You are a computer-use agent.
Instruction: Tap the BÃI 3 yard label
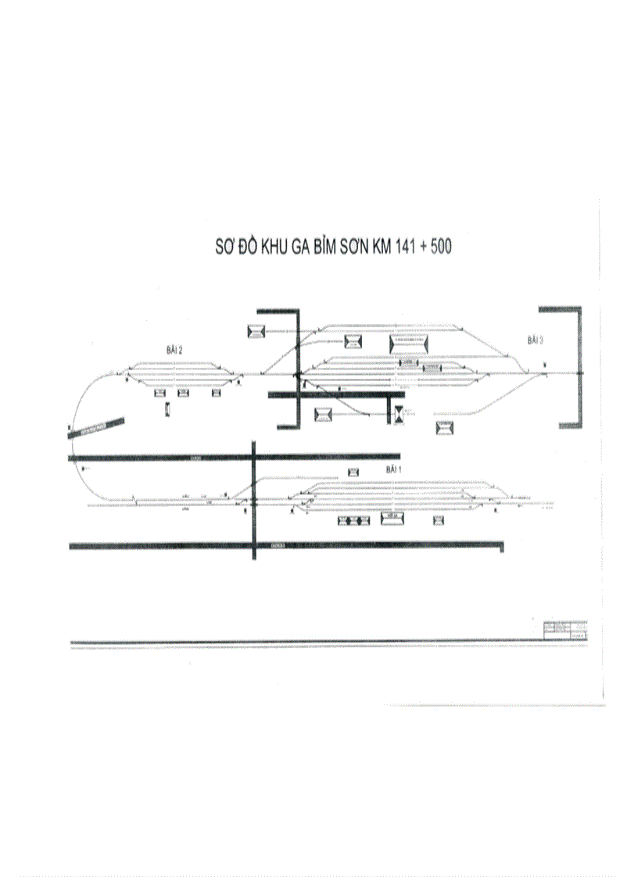tap(535, 340)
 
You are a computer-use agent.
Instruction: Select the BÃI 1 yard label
tap(392, 470)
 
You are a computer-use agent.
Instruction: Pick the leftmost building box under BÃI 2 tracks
tap(160, 393)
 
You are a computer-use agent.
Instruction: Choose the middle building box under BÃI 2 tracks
tap(184, 393)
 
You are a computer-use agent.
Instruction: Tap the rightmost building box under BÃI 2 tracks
tap(217, 393)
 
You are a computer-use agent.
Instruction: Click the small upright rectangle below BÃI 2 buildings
tap(167, 409)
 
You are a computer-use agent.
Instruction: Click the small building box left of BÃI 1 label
tap(353, 472)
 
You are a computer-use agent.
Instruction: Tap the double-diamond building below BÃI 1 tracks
tap(353, 520)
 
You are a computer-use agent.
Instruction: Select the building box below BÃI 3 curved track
tap(445, 427)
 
